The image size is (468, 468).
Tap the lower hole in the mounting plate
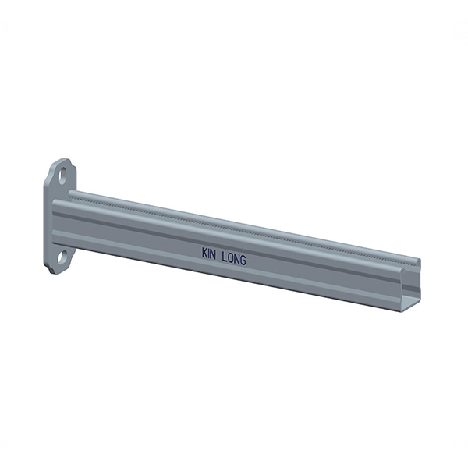[62, 257]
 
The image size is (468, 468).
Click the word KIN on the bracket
[210, 253]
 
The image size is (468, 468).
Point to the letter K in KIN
[204, 253]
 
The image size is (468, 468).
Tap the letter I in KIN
[210, 253]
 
